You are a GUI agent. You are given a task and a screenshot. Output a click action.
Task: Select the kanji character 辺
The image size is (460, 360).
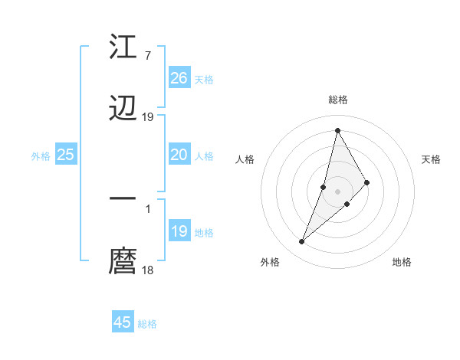tap(123, 109)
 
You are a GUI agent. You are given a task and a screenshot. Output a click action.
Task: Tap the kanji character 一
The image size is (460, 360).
tap(123, 198)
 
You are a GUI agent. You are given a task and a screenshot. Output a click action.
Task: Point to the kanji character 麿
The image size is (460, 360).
tap(123, 260)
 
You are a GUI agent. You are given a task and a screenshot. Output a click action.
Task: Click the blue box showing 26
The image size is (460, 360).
tap(179, 78)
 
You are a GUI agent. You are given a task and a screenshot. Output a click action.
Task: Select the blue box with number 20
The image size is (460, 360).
tap(179, 155)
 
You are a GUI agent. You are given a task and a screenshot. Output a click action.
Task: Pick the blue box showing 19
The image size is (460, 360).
tap(179, 231)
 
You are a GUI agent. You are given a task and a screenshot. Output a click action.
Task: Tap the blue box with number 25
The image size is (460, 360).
tap(66, 155)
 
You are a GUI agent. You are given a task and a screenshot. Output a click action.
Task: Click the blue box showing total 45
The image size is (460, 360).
tap(123, 322)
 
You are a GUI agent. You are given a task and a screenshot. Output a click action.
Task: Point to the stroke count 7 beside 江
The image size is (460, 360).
tap(147, 56)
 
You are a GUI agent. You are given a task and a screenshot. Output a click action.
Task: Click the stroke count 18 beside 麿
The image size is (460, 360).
tap(148, 270)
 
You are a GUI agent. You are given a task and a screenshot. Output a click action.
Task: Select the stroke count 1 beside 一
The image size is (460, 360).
tap(147, 208)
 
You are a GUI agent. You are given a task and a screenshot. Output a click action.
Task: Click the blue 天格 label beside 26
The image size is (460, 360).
tap(204, 79)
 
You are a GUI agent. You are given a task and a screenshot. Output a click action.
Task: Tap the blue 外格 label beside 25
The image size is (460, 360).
tap(41, 155)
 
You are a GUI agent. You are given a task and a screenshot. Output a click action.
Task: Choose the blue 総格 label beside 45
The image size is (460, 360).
tap(147, 323)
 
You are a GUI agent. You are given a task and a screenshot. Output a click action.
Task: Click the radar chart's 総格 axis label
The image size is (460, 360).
tap(338, 100)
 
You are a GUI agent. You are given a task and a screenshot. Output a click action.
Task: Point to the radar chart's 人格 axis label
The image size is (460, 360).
tap(245, 159)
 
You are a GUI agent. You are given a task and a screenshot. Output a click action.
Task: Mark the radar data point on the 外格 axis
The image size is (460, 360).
tap(302, 242)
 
